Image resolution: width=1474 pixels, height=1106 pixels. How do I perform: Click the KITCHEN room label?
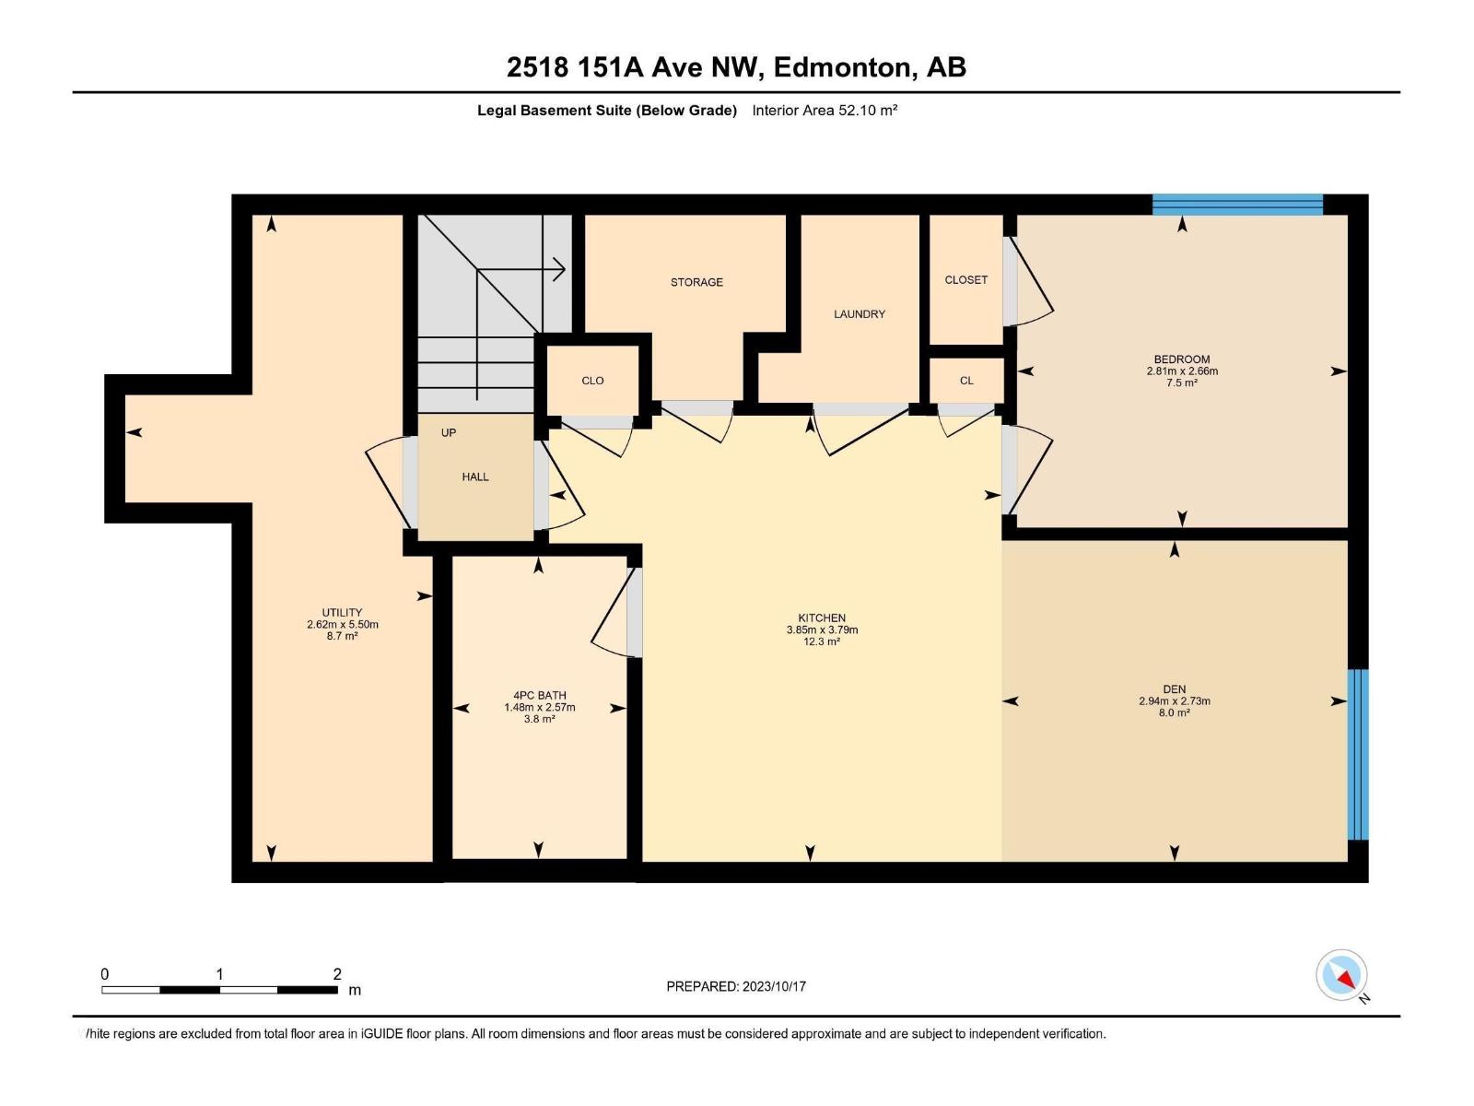[822, 618]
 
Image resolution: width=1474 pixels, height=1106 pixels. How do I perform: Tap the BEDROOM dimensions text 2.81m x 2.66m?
[1181, 371]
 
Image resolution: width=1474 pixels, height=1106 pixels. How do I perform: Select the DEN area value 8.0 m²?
[1174, 712]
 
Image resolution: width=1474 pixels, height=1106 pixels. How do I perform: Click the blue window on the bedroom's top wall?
[1237, 205]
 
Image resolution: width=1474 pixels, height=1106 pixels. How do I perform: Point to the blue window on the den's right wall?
[1358, 754]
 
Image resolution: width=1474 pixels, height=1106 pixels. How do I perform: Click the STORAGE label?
[696, 282]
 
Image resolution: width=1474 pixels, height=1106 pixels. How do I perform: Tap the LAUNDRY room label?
[859, 314]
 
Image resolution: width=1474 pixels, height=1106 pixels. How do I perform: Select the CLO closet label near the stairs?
[592, 381]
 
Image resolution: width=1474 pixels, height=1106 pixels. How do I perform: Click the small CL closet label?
[965, 381]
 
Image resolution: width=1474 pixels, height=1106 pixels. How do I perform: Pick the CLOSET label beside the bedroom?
[965, 280]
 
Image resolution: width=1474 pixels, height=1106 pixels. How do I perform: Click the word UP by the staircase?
[449, 432]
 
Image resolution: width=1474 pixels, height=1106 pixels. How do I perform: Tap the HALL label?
[475, 477]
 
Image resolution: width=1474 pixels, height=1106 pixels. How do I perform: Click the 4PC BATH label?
[540, 696]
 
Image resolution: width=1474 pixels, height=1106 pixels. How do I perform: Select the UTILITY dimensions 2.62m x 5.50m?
[343, 624]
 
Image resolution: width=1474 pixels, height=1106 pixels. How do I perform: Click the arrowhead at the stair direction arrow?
[559, 270]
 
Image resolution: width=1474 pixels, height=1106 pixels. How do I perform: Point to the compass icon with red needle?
[1341, 975]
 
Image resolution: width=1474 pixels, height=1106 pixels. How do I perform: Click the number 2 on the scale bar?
[337, 974]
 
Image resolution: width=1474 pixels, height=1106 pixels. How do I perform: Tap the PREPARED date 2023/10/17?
[774, 986]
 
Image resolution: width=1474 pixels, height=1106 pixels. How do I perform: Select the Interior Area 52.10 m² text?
[825, 111]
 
